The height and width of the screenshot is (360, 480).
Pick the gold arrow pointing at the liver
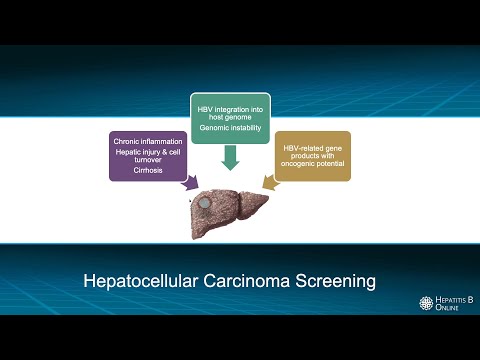(268, 182)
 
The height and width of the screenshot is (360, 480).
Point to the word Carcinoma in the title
(244, 281)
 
